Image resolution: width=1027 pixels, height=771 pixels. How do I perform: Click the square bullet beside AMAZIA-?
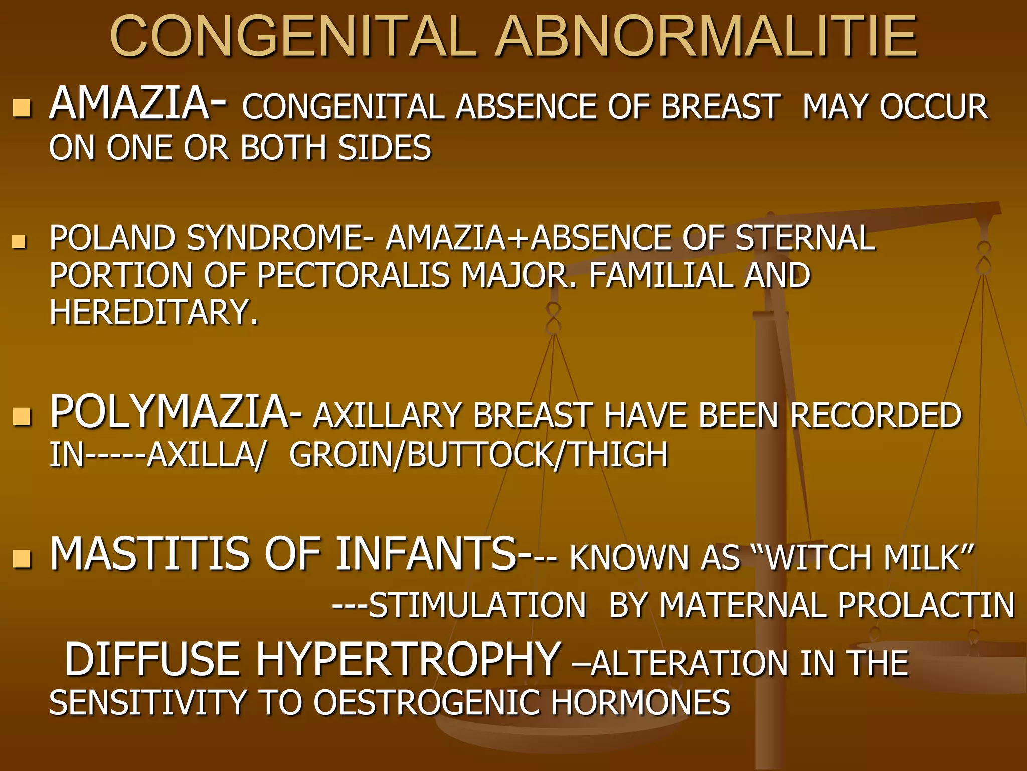pyautogui.click(x=22, y=107)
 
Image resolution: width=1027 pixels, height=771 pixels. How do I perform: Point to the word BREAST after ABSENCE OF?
pyautogui.click(x=721, y=107)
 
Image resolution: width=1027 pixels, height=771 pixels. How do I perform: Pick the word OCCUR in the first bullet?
pyautogui.click(x=934, y=107)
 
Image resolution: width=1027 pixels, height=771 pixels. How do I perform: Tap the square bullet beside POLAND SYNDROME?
pyautogui.click(x=20, y=242)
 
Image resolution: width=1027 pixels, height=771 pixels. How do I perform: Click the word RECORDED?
pyautogui.click(x=876, y=416)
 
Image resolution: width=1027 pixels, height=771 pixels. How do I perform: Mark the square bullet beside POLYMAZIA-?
pyautogui.click(x=22, y=416)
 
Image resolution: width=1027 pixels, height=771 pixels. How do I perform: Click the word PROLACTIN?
pyautogui.click(x=926, y=605)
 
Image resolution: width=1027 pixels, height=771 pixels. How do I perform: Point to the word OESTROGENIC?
pyautogui.click(x=427, y=702)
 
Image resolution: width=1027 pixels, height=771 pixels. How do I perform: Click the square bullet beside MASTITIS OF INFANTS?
pyautogui.click(x=22, y=558)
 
